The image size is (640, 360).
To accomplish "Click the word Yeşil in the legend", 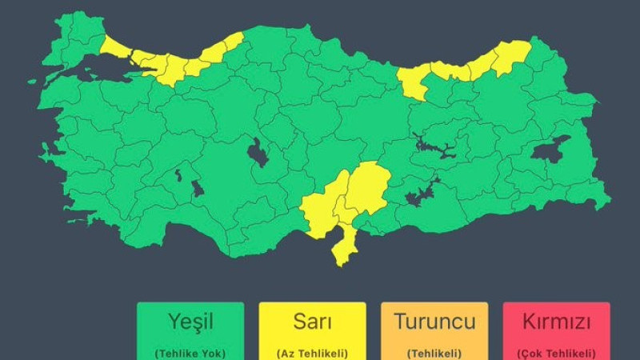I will pos(190,322).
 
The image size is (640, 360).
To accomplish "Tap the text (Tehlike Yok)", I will pos(190,353).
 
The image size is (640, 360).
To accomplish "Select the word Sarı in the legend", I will pos(312,322).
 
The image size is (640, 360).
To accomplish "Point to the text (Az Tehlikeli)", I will pos(312,353).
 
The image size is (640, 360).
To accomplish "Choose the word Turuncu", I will pos(434,322).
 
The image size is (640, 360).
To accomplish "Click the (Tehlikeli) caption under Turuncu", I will pos(434,353).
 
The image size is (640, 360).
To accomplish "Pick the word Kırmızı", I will pos(556,322).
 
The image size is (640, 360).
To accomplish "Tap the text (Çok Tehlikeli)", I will pos(556,353).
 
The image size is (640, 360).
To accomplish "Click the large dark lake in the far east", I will pos(551,150).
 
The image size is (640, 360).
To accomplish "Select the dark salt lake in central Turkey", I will pos(258,152).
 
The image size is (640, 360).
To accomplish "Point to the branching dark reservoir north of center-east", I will pos(433,146).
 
